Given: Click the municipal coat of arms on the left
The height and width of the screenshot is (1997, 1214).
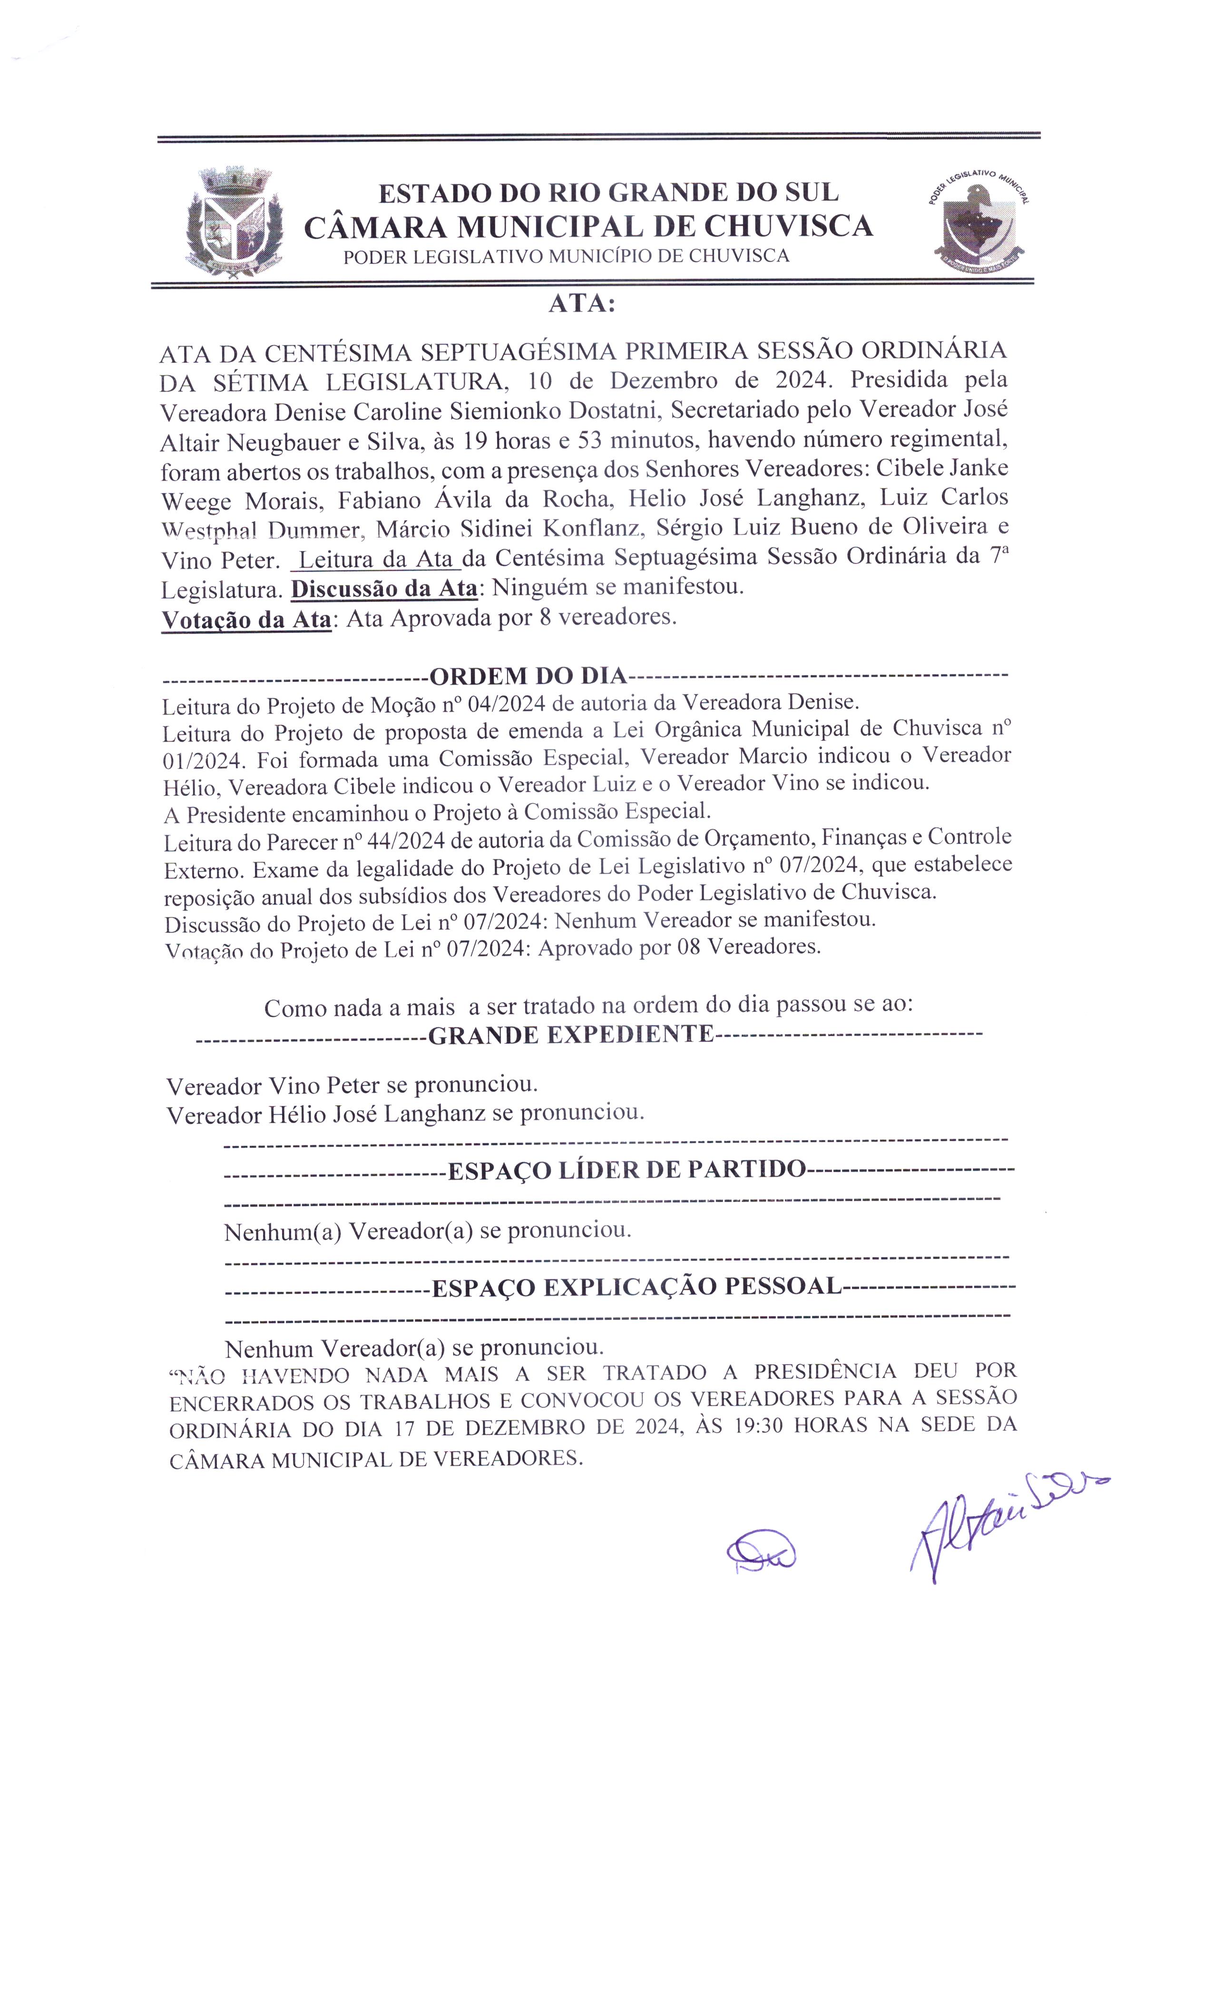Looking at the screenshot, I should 235,223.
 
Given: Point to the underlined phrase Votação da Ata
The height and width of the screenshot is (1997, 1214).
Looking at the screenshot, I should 246,619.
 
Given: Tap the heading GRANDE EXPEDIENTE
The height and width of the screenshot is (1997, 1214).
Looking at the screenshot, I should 570,1035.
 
